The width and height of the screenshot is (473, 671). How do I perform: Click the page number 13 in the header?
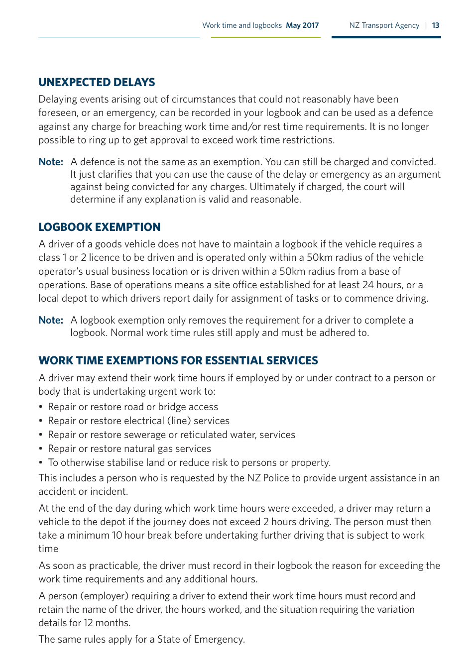point(436,25)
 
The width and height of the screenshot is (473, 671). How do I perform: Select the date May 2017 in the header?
point(302,25)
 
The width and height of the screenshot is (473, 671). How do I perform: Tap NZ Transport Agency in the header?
point(384,25)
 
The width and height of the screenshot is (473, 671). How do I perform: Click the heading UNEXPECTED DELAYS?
point(97,82)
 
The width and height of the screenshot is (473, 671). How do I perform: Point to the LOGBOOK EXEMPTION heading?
point(99,227)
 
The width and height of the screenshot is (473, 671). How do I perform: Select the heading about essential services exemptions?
point(178,360)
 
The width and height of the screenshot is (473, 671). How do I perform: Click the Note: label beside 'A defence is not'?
point(51,162)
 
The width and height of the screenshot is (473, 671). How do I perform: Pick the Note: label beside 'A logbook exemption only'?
point(51,320)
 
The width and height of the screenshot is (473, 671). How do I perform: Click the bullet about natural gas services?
point(129,448)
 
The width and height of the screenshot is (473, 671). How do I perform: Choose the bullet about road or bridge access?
point(133,407)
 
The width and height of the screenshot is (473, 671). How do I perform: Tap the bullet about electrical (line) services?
point(138,421)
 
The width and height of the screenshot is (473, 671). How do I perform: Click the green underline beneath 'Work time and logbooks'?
point(265,37)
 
